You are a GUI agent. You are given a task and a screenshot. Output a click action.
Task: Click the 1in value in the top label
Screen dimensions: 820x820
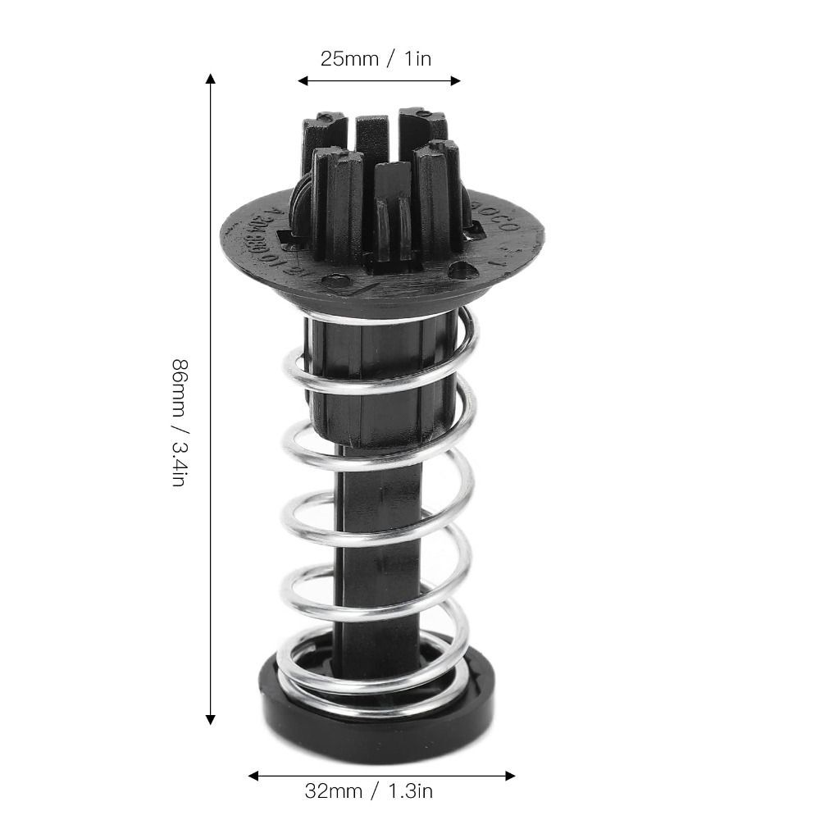click(x=416, y=59)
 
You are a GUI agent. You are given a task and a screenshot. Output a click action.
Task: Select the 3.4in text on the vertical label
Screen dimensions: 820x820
click(x=178, y=459)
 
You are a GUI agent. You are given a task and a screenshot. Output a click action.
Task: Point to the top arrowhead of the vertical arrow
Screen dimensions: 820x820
click(x=210, y=79)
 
